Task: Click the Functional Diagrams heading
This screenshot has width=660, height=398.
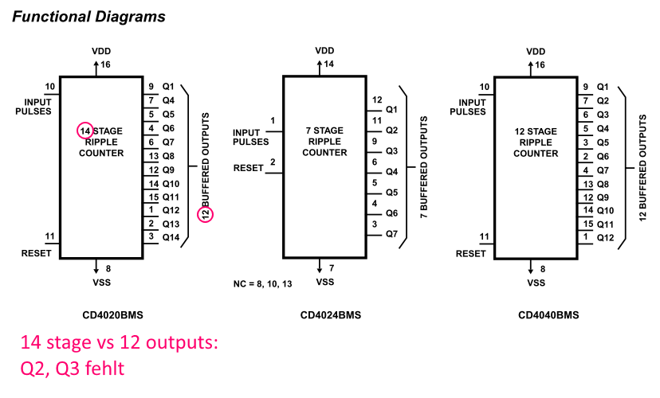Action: (x=88, y=17)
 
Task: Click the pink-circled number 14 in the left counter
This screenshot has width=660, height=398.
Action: (x=85, y=131)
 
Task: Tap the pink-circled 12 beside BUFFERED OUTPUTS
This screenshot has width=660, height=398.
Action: (x=206, y=214)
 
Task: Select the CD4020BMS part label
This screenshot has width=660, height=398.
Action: (x=113, y=315)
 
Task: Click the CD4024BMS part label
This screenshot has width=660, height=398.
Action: (x=331, y=315)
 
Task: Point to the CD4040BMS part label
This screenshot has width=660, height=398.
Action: (x=548, y=315)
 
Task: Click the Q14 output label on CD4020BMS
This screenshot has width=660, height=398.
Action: (x=171, y=237)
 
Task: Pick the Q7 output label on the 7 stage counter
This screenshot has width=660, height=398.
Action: (x=392, y=234)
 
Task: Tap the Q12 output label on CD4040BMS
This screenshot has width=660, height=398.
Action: (x=605, y=238)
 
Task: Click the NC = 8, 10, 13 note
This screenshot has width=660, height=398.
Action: (x=263, y=284)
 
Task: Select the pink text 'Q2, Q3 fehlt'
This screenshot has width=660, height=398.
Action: (x=73, y=369)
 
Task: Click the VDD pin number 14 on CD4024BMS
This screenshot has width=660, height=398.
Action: (x=328, y=64)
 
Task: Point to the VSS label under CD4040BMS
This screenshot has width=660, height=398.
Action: (x=536, y=283)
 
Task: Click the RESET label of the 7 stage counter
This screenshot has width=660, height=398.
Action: (x=249, y=168)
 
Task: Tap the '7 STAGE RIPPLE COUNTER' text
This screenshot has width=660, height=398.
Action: (x=324, y=142)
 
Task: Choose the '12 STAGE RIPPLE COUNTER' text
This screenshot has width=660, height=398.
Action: (x=536, y=142)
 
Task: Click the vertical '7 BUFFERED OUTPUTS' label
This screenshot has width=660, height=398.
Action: (x=424, y=167)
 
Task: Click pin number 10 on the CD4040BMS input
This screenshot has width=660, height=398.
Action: (x=485, y=87)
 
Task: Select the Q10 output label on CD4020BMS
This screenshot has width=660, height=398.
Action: (x=171, y=184)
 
